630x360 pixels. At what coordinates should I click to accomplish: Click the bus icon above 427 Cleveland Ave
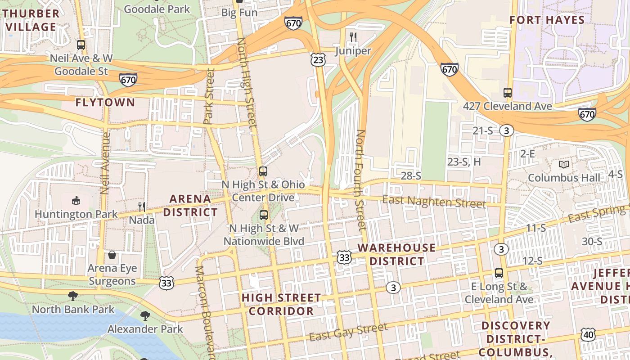pos(508,93)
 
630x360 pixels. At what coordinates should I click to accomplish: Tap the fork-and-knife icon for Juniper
pos(353,37)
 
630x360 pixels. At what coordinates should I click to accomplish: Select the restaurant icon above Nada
pos(141,207)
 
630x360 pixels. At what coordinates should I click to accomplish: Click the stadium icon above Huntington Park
pos(76,200)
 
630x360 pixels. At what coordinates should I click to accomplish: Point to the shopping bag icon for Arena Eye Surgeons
pos(112,255)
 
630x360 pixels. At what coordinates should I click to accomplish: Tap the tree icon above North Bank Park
pos(73,296)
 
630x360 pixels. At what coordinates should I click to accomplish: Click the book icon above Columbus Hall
pos(563,164)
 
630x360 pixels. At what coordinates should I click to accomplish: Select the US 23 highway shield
pos(318,59)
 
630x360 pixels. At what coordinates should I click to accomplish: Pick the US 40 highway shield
pos(588,334)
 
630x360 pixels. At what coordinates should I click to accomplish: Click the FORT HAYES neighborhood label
pos(547,20)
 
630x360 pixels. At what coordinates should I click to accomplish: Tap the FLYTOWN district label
pos(105,102)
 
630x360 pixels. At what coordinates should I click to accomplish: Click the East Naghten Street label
pos(434,201)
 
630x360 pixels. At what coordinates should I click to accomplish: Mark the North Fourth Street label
pos(360,180)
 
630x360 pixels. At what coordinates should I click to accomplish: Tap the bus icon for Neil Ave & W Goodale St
pos(81,45)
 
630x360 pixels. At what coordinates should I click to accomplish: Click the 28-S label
pos(410,176)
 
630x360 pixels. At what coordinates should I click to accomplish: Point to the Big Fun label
pos(239,13)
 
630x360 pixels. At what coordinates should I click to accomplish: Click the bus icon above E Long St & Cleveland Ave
pos(499,273)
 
